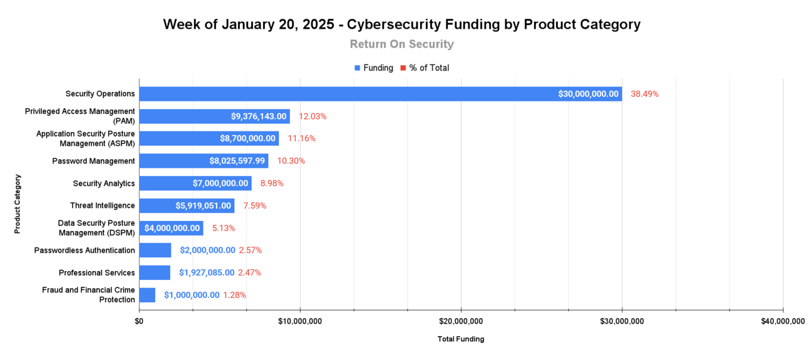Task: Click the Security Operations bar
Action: coord(380,94)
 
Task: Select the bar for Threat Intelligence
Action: coord(187,205)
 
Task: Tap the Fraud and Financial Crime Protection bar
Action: coord(147,295)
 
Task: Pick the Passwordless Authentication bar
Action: coord(155,250)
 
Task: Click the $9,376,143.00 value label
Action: coord(259,116)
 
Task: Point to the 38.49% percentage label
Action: coord(644,94)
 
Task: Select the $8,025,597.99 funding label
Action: coord(237,161)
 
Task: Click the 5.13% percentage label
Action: coord(224,228)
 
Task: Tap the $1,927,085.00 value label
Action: coord(207,272)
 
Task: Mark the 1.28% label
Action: coord(234,295)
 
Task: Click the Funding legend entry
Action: coord(374,68)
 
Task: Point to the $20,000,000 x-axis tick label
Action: coord(461,321)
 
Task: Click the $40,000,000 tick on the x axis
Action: coord(783,321)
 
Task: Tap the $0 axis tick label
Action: coord(139,321)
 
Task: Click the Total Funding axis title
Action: coord(461,339)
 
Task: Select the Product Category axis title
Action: coord(18,203)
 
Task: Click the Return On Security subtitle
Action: coord(401,44)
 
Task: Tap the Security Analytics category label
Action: coord(104,183)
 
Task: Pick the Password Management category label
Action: coord(93,161)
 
